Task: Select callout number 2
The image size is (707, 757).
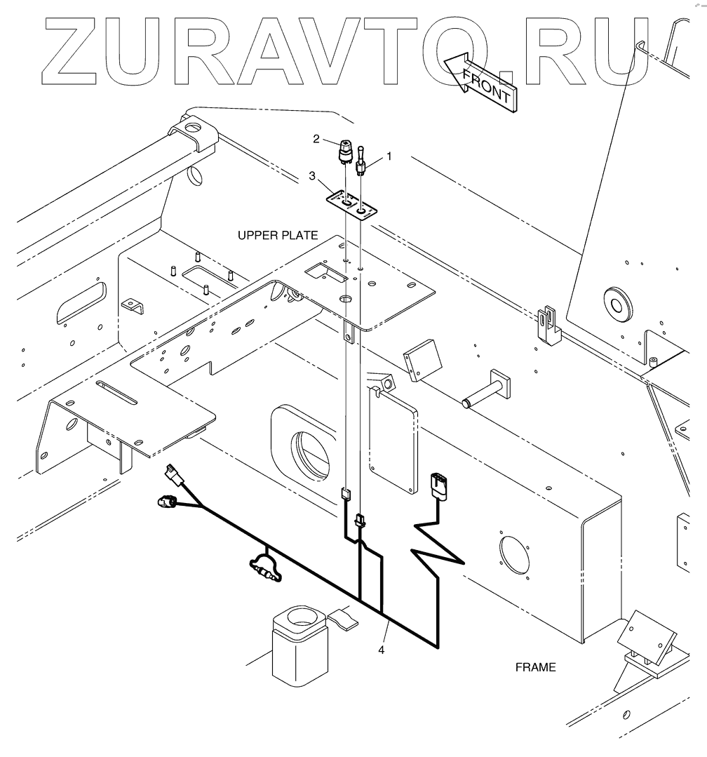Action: click(316, 139)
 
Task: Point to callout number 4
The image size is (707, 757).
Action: click(382, 650)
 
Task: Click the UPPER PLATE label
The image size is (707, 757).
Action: click(278, 236)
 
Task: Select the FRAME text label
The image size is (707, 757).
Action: click(535, 667)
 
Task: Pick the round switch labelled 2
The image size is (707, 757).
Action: click(346, 149)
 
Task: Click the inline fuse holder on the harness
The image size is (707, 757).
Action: click(264, 567)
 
